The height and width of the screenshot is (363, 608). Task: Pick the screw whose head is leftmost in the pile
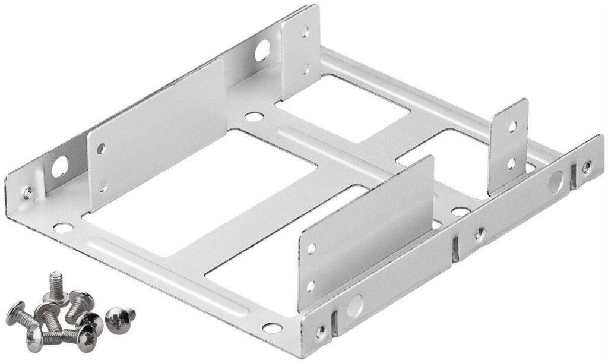click(x=17, y=309)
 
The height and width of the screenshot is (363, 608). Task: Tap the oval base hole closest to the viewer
click(x=271, y=327)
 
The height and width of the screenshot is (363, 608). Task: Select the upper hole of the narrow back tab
click(x=305, y=33)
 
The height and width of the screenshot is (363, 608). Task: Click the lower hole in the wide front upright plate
click(x=310, y=286)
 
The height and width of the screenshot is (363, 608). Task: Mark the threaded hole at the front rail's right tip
click(x=586, y=167)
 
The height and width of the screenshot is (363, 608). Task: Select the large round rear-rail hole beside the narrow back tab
click(x=262, y=52)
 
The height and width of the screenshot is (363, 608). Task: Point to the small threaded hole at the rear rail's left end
click(x=27, y=192)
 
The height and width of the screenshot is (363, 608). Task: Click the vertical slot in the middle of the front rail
click(x=455, y=249)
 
